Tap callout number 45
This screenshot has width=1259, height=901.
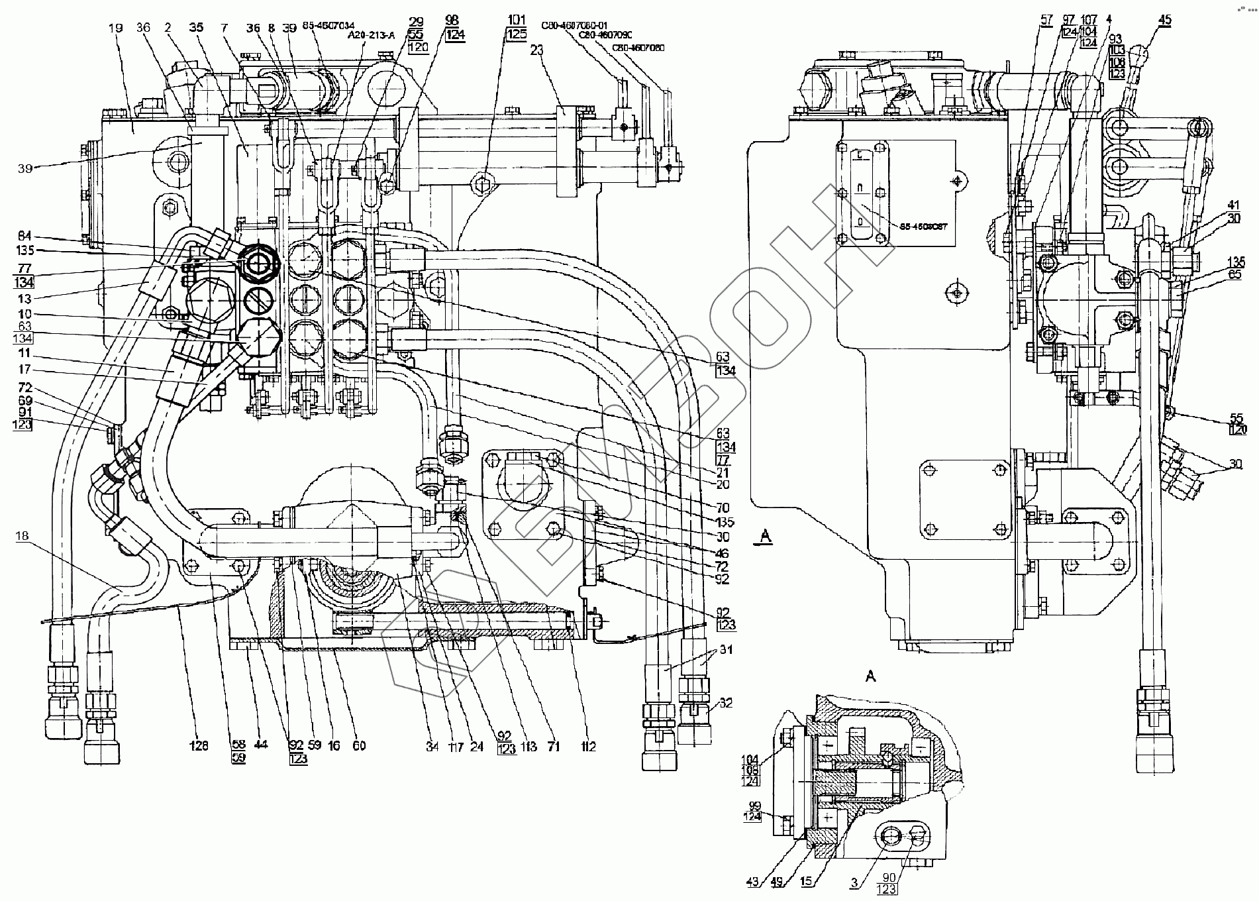point(1164,21)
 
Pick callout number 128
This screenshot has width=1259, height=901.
point(199,746)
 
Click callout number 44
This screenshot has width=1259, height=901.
point(261,745)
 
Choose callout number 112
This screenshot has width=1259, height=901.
point(588,747)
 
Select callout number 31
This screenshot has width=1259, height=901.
point(727,651)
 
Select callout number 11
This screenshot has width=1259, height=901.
point(25,354)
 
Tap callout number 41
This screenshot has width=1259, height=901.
point(1233,205)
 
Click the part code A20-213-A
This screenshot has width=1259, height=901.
point(371,36)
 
